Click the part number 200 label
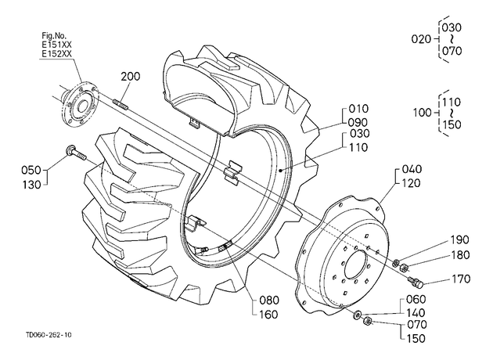131,77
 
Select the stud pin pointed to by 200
120,105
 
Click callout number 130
32,185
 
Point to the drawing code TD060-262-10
49,335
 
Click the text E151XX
56,44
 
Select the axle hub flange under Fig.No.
81,105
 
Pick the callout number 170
461,279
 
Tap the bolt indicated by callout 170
415,282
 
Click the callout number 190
459,240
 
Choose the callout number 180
460,255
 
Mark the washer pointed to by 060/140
357,314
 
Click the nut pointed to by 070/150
367,322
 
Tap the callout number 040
412,169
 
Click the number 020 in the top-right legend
421,39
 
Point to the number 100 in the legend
423,112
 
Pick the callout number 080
269,301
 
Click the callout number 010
358,109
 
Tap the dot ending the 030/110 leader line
279,171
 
